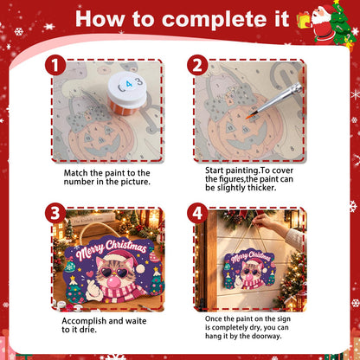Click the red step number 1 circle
[x=55, y=65]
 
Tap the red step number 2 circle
[x=197, y=65]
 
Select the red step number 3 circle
[x=55, y=214]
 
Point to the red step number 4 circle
[x=197, y=214]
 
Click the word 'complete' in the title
[x=226, y=20]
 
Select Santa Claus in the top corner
[x=323, y=24]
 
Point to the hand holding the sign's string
[x=263, y=222]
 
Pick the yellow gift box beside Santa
[x=303, y=21]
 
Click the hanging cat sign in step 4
[x=250, y=269]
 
